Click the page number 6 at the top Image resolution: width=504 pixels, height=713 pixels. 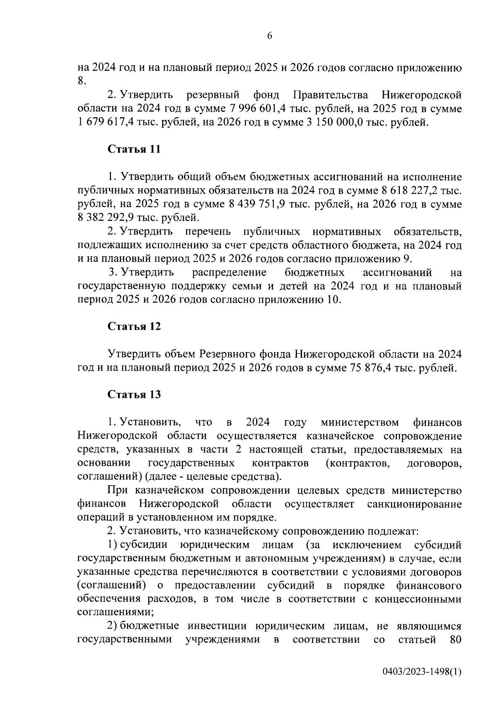tap(269, 36)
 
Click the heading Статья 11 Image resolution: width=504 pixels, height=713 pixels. tap(134, 149)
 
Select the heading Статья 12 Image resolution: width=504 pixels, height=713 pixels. tap(134, 326)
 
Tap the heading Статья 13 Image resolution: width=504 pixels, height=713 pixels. tap(134, 395)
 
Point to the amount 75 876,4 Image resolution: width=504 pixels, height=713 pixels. tap(370, 368)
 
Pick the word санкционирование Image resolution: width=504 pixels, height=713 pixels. tap(414, 503)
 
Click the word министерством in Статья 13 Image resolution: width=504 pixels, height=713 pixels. tap(360, 422)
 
